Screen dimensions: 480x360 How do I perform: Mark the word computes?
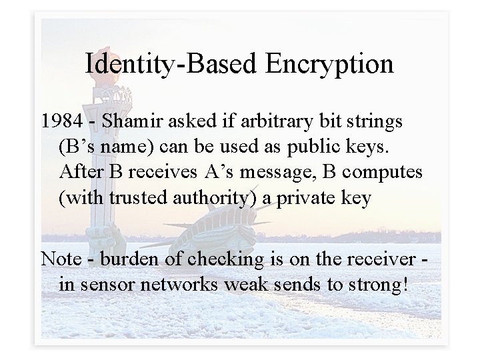pyautogui.click(x=389, y=173)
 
